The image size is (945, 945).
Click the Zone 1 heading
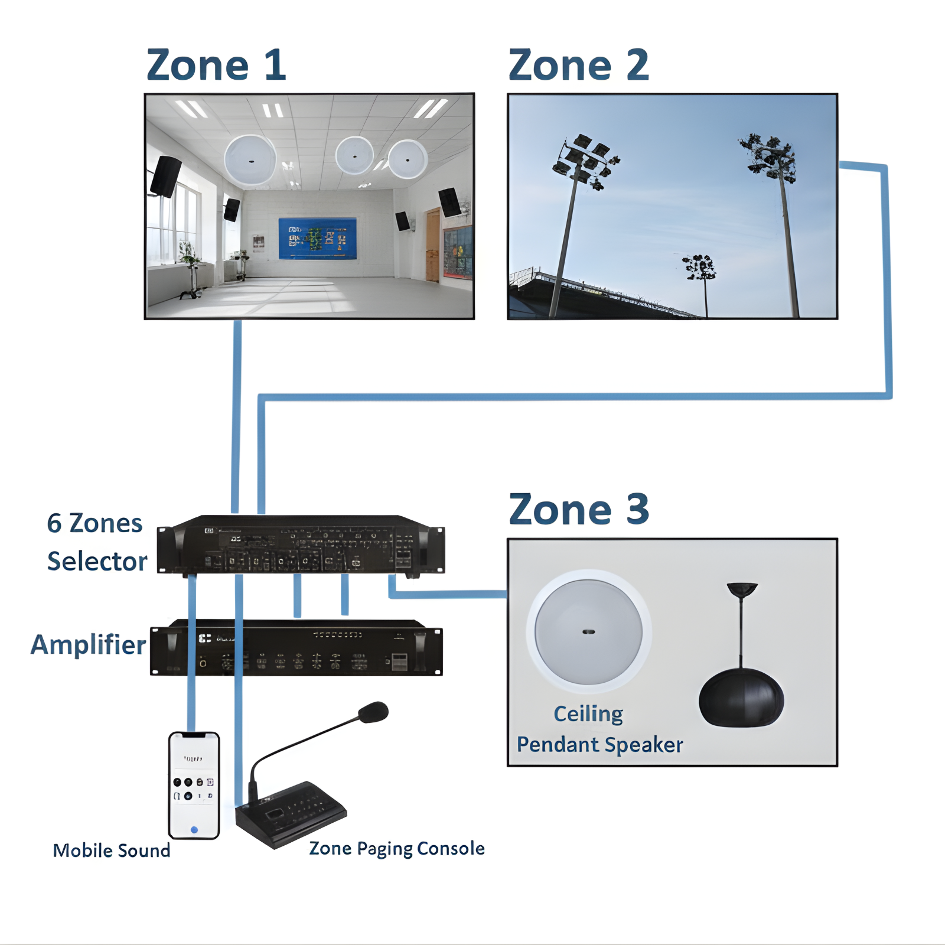coord(216,65)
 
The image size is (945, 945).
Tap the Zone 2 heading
coord(579,65)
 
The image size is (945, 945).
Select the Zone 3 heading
coord(579,509)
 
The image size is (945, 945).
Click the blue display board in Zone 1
coord(318,239)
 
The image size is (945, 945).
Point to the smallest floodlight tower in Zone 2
coord(701,278)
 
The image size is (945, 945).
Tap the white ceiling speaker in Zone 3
coord(589,631)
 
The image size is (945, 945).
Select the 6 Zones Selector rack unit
coord(301,545)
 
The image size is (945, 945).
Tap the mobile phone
coord(194,786)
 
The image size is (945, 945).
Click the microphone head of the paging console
coord(373,712)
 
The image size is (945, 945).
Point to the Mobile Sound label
coord(111,850)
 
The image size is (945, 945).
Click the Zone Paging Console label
coord(397,849)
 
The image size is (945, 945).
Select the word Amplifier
coord(88,645)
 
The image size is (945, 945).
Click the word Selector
coord(97,561)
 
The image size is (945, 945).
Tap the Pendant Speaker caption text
coord(599,745)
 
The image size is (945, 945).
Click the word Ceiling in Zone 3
coord(588,714)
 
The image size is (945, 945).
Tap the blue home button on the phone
coord(194,830)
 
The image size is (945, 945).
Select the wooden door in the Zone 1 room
coord(433,245)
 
